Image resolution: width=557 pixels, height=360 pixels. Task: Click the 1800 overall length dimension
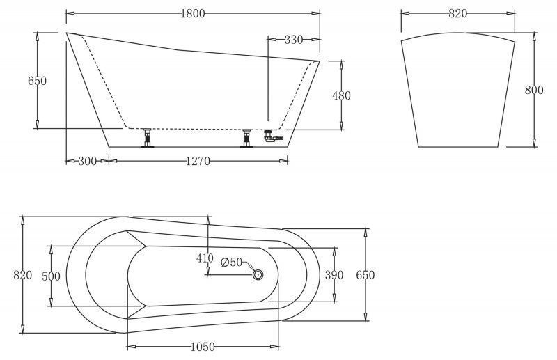[193, 13]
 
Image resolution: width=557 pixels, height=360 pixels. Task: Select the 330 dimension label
[293, 40]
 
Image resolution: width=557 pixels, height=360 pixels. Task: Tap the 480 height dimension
[341, 95]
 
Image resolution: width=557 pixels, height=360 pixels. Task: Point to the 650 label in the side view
[38, 81]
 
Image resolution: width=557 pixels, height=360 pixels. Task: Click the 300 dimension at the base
[88, 161]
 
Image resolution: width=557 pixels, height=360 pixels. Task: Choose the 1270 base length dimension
[198, 162]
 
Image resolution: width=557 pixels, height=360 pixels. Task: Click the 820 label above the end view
[457, 13]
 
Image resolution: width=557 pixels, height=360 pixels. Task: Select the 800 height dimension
[534, 90]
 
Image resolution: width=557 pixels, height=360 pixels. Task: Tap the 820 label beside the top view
[23, 275]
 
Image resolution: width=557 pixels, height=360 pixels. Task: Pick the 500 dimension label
[51, 276]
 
